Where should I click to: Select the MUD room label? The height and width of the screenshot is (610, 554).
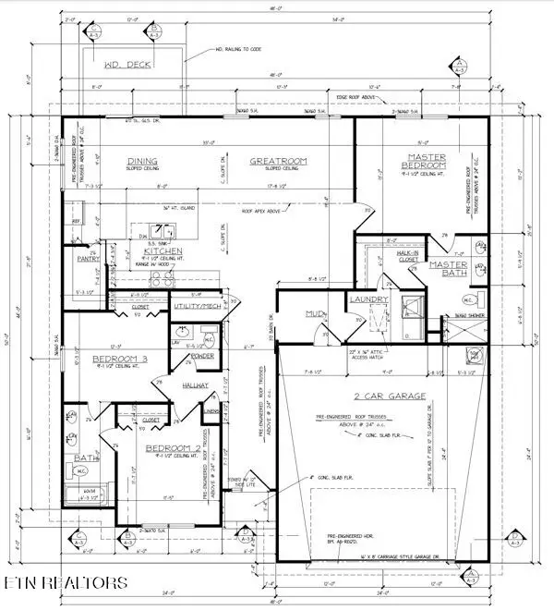pyautogui.click(x=313, y=314)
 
